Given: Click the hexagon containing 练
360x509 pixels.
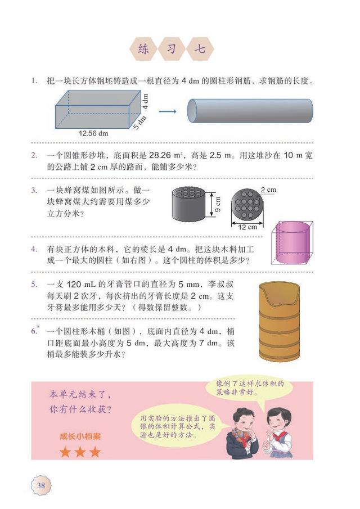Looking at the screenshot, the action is (143, 49).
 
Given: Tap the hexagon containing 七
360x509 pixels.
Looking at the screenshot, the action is (200, 49).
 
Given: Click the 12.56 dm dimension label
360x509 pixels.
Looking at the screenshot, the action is (93, 133).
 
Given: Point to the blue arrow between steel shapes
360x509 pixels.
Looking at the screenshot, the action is (168, 111).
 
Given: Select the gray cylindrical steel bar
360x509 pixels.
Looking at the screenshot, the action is (250, 111).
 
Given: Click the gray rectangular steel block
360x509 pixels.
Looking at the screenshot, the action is (98, 110).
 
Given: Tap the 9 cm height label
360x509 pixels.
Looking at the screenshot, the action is (218, 204).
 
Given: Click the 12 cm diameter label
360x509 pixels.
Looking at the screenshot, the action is (247, 227).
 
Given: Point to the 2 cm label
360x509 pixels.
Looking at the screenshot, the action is (268, 190).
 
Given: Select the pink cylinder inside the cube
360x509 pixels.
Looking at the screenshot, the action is (292, 243).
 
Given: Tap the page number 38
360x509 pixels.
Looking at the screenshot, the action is (41, 485).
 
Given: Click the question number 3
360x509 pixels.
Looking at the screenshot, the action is (34, 190).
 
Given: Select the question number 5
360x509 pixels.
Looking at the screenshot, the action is (34, 285).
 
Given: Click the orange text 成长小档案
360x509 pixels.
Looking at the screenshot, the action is (80, 436).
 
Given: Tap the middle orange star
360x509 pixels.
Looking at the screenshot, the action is (80, 452).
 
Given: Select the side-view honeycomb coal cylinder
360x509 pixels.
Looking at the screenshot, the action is (188, 204).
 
